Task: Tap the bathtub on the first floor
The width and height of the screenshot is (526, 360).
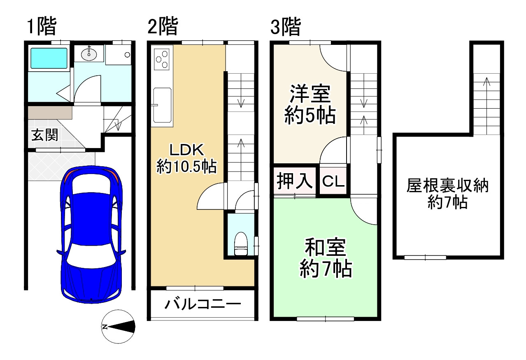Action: [49, 58]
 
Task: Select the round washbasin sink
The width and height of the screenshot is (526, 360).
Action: [89, 53]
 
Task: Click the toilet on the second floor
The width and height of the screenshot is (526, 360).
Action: [240, 244]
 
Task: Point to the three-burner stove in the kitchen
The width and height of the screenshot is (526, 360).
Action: [162, 58]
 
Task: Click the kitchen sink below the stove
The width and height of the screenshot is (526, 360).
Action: [162, 105]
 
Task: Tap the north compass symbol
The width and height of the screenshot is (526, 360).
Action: [118, 327]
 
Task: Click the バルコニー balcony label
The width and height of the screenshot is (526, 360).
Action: [202, 305]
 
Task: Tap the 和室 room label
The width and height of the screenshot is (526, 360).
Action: [325, 248]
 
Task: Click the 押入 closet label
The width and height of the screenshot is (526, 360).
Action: [294, 181]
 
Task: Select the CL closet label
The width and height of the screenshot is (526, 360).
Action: [333, 181]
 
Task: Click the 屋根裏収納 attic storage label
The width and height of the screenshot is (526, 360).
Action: [447, 186]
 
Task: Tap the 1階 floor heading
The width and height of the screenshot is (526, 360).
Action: [41, 28]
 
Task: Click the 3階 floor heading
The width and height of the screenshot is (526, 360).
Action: [285, 28]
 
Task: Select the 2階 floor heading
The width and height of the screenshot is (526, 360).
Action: [163, 28]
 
